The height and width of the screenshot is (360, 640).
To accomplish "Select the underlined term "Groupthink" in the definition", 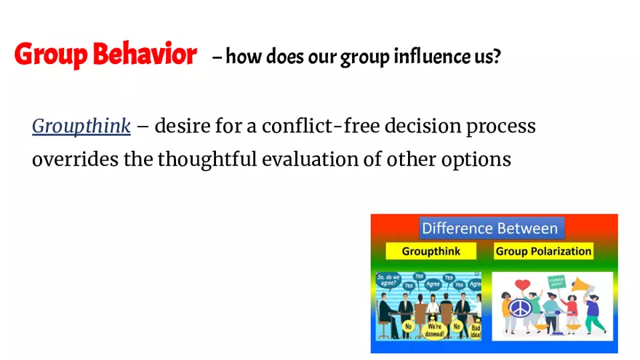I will pyautogui.click(x=81, y=127).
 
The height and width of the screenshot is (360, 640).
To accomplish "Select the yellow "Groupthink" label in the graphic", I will pyautogui.click(x=430, y=252).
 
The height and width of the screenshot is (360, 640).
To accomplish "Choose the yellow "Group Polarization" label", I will pyautogui.click(x=543, y=252).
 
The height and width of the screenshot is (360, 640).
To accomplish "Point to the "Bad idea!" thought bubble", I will pyautogui.click(x=476, y=330).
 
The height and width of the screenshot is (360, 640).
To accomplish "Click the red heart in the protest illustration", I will pyautogui.click(x=521, y=284).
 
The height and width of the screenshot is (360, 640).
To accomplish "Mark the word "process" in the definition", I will pyautogui.click(x=502, y=127).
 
